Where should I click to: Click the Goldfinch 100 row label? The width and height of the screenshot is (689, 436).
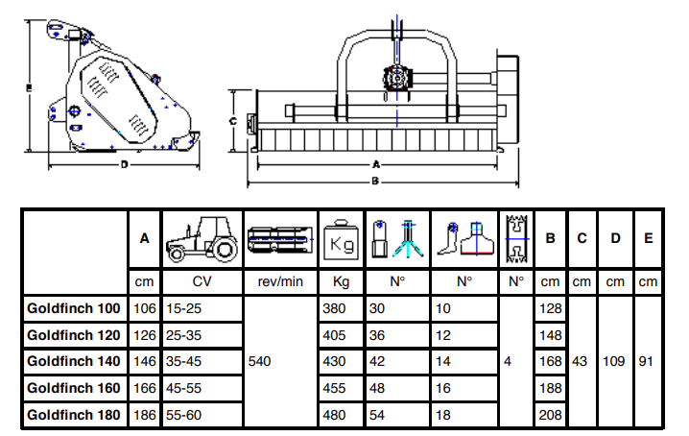click(74, 308)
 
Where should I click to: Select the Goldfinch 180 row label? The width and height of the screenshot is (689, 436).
click(74, 415)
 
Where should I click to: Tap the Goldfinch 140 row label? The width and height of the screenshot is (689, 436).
click(74, 362)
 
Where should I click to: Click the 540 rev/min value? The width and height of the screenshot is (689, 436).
click(262, 362)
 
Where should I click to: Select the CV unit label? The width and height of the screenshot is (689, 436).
click(202, 282)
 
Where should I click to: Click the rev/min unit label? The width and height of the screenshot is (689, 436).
click(281, 282)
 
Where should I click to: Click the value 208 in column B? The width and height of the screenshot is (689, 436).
click(550, 415)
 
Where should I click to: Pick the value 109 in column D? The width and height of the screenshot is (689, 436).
click(615, 362)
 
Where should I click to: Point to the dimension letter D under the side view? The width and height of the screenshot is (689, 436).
click(125, 164)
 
